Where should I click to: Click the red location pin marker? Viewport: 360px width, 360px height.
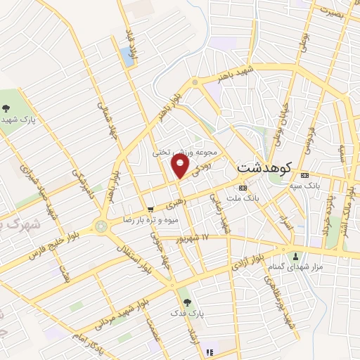181,166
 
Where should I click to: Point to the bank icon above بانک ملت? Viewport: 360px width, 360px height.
243,188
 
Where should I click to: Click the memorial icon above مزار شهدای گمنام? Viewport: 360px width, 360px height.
295,255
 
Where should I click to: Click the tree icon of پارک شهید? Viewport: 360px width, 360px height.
6,108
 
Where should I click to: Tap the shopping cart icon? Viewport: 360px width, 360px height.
150,210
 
